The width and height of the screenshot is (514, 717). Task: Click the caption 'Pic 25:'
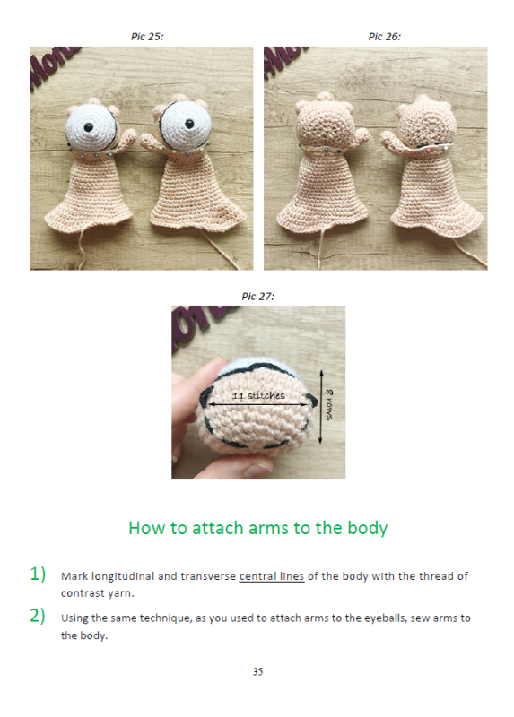click(x=147, y=37)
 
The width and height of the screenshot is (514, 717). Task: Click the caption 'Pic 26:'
click(x=385, y=37)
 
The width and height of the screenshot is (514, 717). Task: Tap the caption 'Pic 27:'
click(x=258, y=297)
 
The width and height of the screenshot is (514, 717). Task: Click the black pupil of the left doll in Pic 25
click(x=88, y=126)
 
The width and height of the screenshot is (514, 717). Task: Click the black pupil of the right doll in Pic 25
click(x=189, y=124)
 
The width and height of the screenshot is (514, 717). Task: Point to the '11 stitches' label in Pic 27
click(x=258, y=395)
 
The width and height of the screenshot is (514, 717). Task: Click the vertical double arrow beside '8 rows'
click(x=321, y=407)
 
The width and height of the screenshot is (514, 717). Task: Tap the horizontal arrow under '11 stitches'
click(x=259, y=404)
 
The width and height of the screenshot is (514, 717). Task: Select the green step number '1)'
click(x=38, y=574)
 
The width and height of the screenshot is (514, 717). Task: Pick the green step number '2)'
click(x=38, y=616)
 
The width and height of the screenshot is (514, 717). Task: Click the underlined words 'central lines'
click(x=272, y=576)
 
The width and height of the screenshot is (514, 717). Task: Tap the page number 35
click(x=257, y=671)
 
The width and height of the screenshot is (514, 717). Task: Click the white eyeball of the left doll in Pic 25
click(x=91, y=125)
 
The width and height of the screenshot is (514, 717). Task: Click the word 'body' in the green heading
click(x=368, y=528)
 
